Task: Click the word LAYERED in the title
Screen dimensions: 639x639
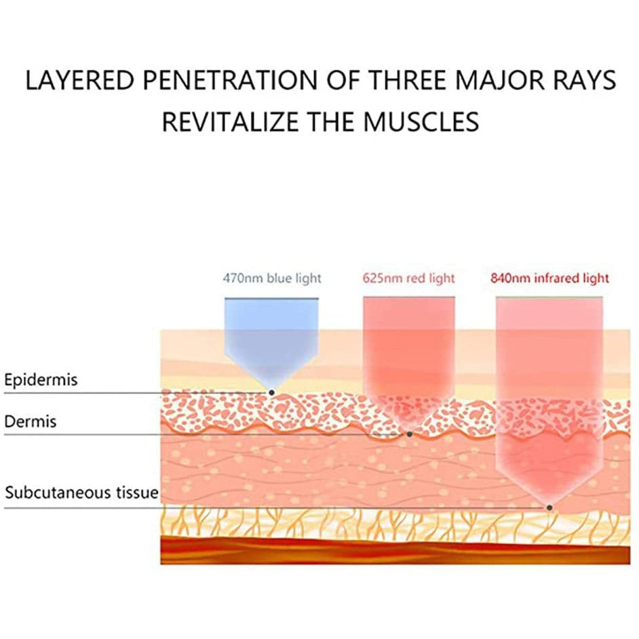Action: [79, 80]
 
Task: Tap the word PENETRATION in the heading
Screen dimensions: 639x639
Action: [230, 80]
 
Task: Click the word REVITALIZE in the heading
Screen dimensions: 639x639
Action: [230, 121]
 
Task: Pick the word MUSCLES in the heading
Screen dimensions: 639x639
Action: [421, 121]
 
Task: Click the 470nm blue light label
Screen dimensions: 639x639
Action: [272, 278]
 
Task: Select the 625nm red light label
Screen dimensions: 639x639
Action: [408, 278]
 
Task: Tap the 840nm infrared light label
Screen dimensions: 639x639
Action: [549, 278]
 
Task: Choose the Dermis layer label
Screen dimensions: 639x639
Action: [30, 421]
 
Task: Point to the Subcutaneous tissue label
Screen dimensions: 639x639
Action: [81, 492]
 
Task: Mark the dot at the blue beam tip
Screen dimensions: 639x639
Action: [271, 393]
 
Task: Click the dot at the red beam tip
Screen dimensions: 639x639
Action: [410, 434]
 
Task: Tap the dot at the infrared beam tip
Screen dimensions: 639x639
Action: [549, 508]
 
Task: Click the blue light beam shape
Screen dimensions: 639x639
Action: [271, 338]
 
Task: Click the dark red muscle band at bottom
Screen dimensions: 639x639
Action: [395, 551]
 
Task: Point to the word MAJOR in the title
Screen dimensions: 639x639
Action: [500, 80]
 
